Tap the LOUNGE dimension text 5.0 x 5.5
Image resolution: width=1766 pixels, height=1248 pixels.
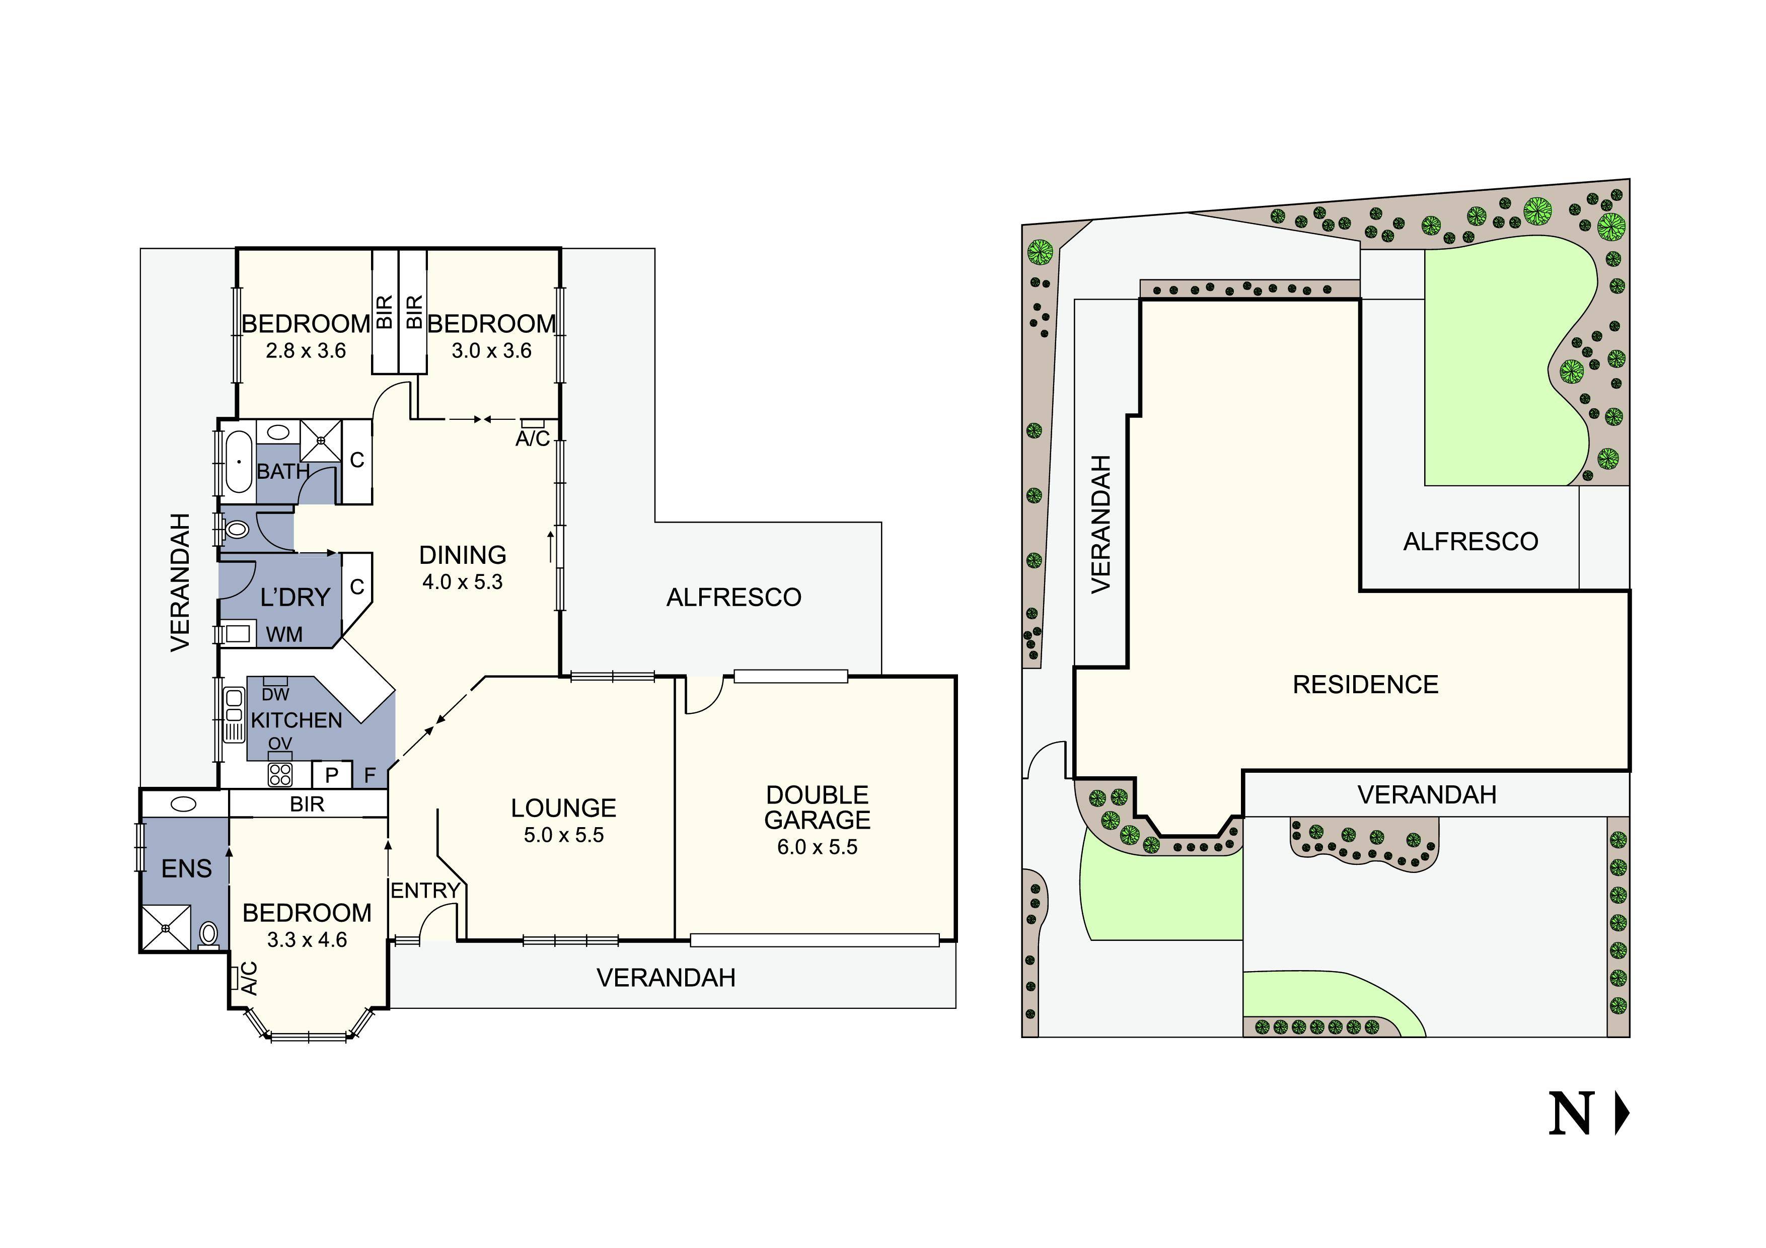564,835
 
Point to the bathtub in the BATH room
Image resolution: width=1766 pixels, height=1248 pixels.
239,461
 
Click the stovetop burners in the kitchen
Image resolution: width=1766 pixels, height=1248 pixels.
280,774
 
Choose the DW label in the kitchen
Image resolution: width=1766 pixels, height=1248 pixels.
275,694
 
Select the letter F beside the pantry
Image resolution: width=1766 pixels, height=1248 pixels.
370,775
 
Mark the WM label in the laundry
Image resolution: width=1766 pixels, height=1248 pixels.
284,634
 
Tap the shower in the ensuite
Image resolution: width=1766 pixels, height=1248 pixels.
165,928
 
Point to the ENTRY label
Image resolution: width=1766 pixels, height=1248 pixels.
425,891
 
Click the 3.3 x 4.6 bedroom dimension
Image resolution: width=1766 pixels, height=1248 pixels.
307,940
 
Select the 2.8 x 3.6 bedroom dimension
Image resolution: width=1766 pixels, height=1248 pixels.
306,351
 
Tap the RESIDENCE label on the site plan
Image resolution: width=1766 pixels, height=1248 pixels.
1365,684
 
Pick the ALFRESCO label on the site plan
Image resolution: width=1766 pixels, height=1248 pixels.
1470,541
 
